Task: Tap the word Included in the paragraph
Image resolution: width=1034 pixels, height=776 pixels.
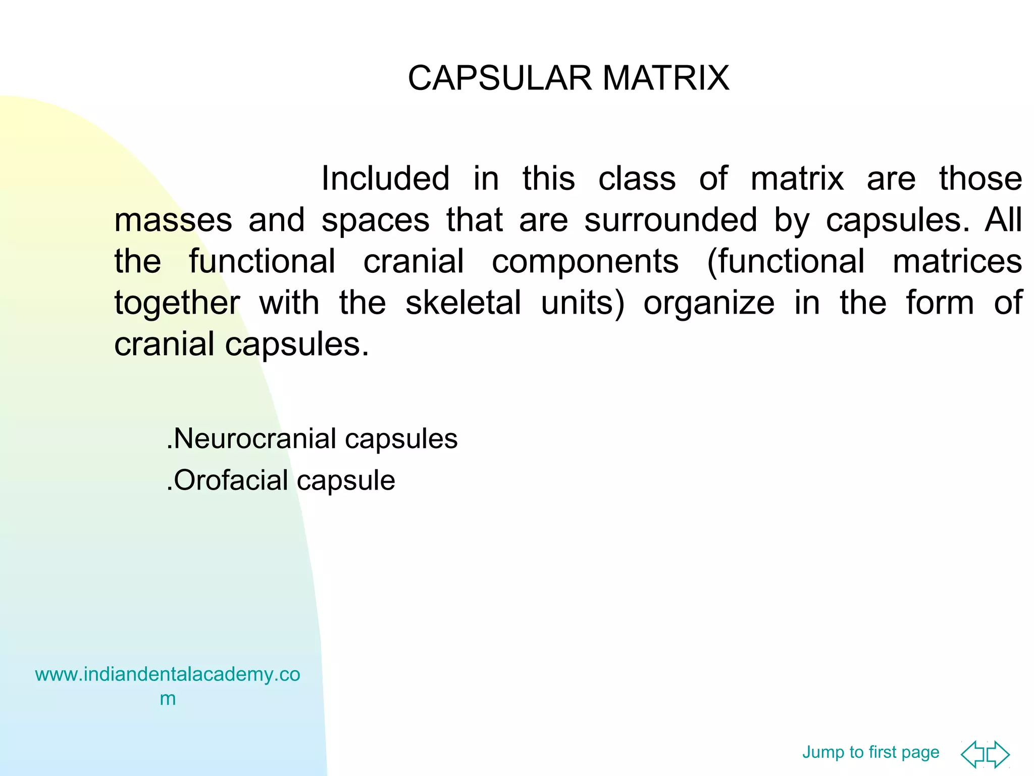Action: (x=385, y=178)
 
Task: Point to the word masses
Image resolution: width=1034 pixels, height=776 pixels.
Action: (x=173, y=221)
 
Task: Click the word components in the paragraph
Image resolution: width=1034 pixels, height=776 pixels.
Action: (x=585, y=261)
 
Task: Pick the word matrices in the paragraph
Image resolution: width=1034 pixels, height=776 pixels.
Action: (x=957, y=261)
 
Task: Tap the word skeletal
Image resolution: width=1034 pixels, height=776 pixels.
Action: (x=463, y=303)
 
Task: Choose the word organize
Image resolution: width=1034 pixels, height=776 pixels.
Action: (x=709, y=304)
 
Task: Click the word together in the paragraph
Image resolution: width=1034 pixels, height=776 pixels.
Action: (x=177, y=304)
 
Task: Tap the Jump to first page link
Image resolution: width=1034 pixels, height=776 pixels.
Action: (x=870, y=752)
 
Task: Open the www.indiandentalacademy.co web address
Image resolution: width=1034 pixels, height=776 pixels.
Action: (x=168, y=674)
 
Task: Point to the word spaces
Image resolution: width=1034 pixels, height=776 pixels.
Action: (x=376, y=221)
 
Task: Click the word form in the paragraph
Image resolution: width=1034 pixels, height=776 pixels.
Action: (x=940, y=303)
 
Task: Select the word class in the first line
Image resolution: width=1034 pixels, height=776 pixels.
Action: (x=637, y=178)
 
